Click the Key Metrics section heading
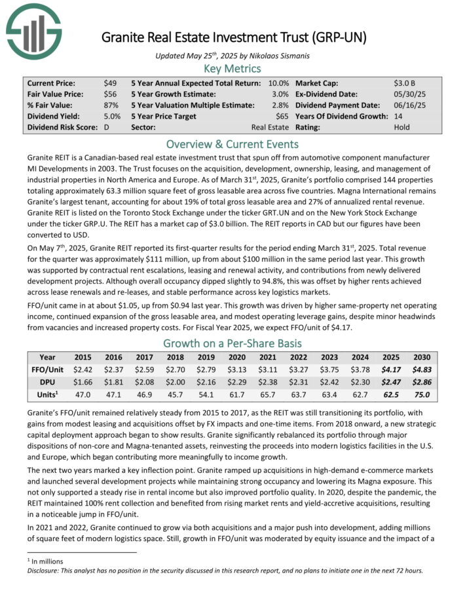click(x=232, y=68)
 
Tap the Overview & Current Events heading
click(x=232, y=144)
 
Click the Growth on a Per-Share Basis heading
click(x=232, y=343)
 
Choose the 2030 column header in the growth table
click(x=421, y=358)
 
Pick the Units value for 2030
click(x=421, y=395)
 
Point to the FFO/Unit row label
click(x=47, y=370)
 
